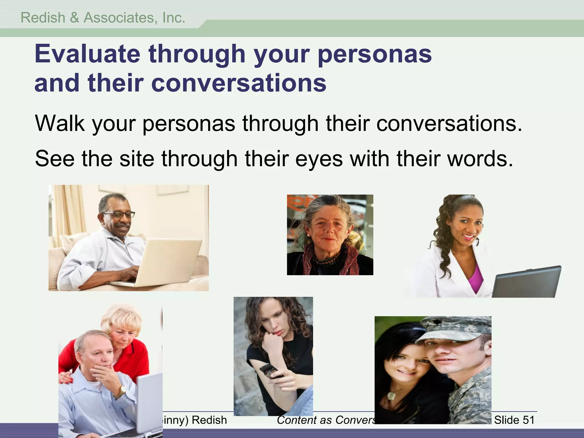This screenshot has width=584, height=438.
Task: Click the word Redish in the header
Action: pos(43,18)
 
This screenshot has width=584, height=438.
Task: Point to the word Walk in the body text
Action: pos(59,123)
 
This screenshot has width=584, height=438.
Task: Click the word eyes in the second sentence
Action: pos(319,159)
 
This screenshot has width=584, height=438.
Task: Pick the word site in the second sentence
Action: pos(137,159)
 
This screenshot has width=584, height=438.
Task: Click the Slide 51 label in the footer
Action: pos(514,420)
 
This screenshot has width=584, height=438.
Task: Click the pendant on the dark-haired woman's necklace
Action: pos(391,396)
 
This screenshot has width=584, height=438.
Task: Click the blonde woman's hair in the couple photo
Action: pos(123,319)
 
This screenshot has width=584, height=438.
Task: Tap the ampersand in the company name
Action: pos(74,18)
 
